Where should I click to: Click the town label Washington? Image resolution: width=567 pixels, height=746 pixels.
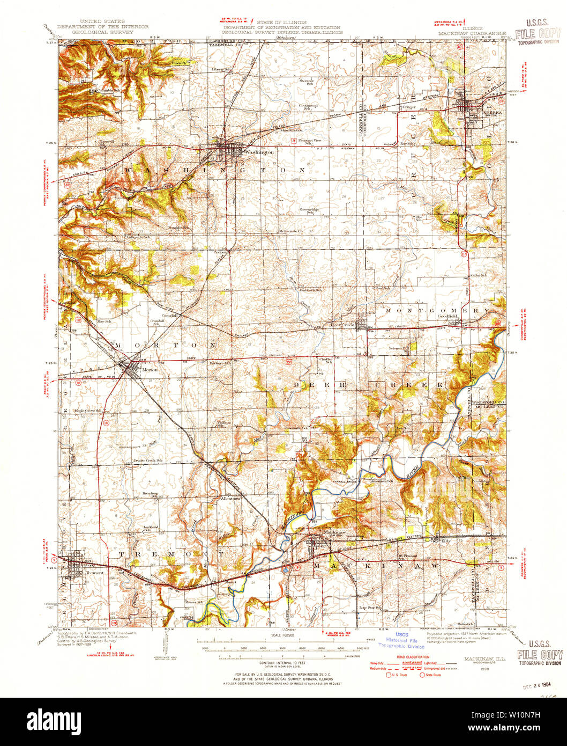coord(259,152)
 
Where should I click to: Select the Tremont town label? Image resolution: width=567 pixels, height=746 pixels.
coord(94,573)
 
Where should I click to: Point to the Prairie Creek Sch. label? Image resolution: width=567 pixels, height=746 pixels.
coord(148,460)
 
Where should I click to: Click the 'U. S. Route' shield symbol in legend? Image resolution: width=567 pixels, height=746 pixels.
coord(389,675)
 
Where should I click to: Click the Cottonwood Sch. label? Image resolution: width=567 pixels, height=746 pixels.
coord(308,106)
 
